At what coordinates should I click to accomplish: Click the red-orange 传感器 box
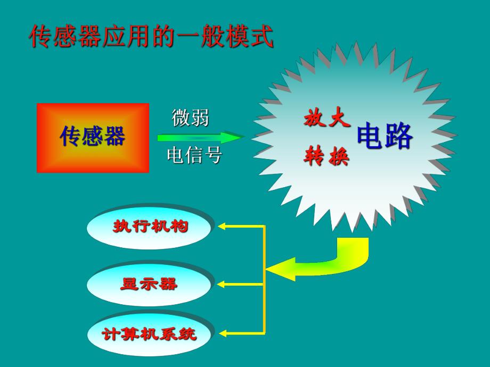[x=93, y=138]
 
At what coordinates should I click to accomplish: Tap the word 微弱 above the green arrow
[x=190, y=118]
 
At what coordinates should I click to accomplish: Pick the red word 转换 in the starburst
[x=327, y=156]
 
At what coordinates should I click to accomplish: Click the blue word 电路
[x=385, y=137]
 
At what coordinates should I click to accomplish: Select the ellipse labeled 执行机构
[x=151, y=227]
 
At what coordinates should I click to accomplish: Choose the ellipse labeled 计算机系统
[x=150, y=334]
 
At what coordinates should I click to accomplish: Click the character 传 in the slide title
[x=40, y=37]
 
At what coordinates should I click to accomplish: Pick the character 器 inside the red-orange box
[x=115, y=137]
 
